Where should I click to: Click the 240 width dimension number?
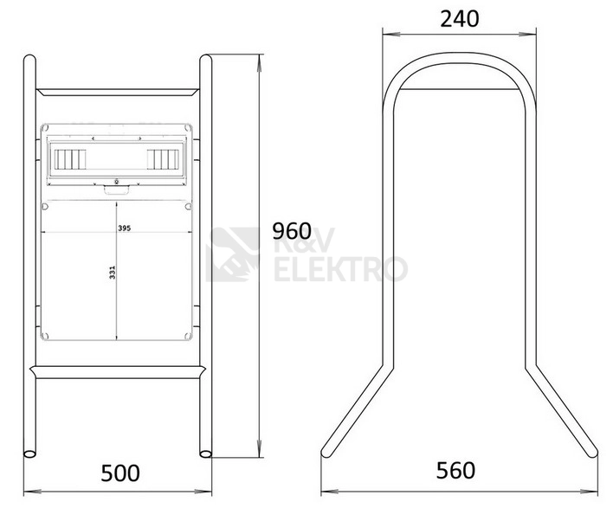pyautogui.click(x=460, y=19)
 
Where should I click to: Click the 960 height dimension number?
pyautogui.click(x=292, y=231)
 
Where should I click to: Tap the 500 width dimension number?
pyautogui.click(x=120, y=473)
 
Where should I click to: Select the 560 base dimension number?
pyautogui.click(x=455, y=471)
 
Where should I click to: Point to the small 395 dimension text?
pyautogui.click(x=125, y=228)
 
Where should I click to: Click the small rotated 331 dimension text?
pyautogui.click(x=113, y=273)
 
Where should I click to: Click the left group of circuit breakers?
pyautogui.click(x=70, y=159)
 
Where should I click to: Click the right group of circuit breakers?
pyautogui.click(x=163, y=159)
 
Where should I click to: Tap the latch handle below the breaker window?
pyautogui.click(x=116, y=190)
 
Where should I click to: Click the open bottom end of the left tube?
pyautogui.click(x=29, y=454)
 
